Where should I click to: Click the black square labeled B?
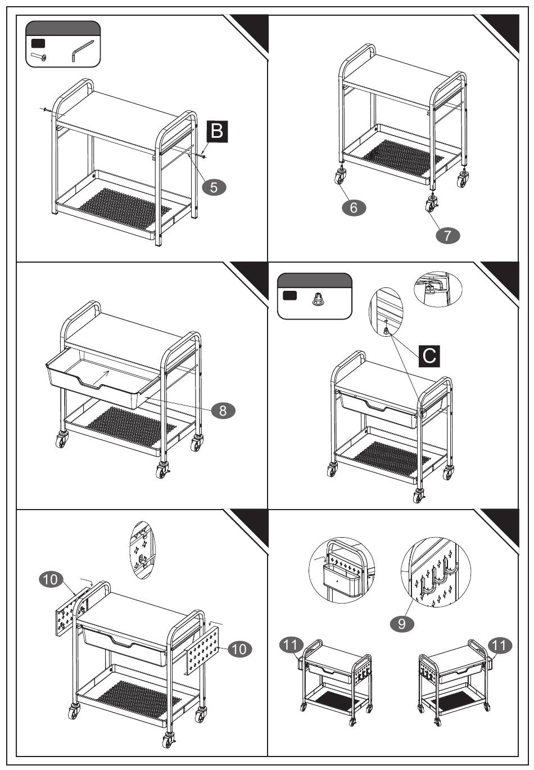(218, 132)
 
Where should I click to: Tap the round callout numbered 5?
(214, 187)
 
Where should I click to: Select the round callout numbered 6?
(354, 207)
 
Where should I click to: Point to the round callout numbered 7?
(447, 236)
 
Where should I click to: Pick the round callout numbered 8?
(223, 410)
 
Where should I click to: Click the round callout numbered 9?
(402, 623)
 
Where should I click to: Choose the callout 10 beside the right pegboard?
(239, 649)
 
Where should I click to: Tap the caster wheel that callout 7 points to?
(432, 205)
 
